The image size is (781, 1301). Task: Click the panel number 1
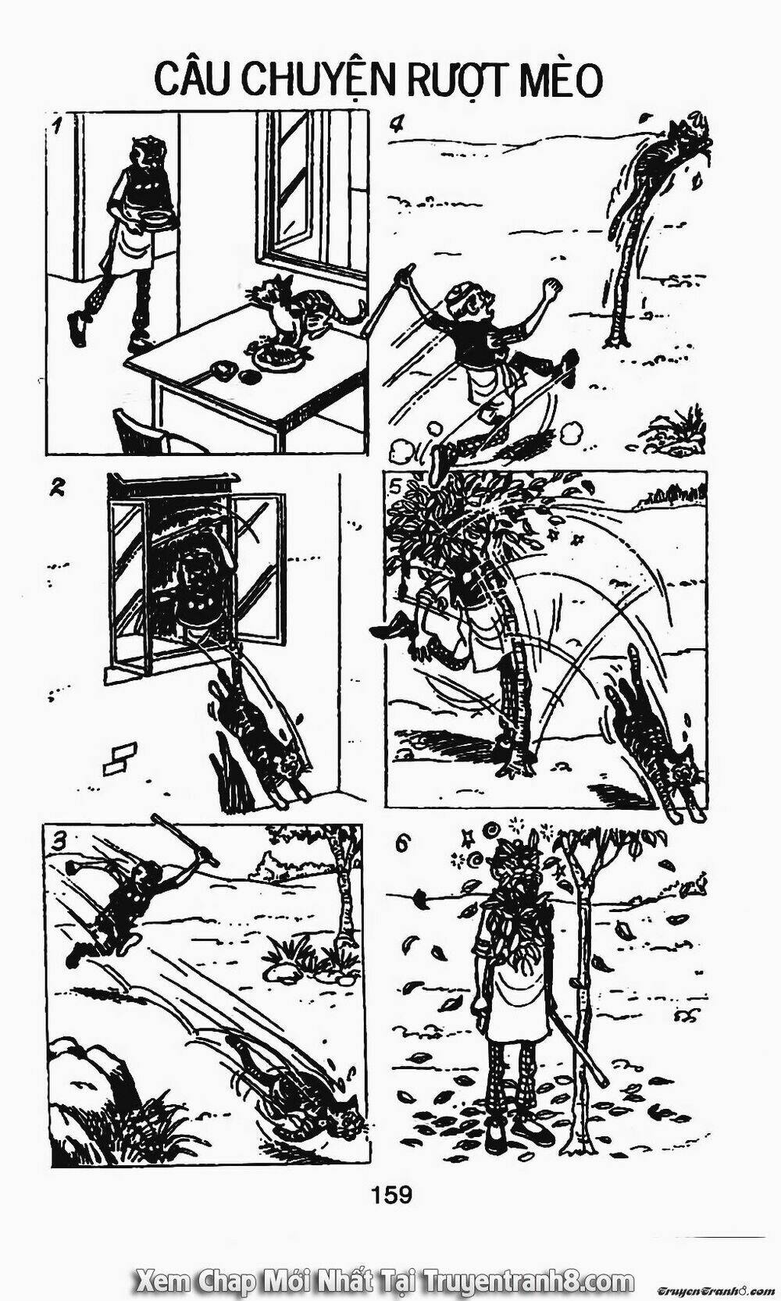pos(56,124)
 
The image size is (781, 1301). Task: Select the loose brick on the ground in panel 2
pos(118,759)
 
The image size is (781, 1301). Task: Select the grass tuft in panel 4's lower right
pos(676,430)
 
